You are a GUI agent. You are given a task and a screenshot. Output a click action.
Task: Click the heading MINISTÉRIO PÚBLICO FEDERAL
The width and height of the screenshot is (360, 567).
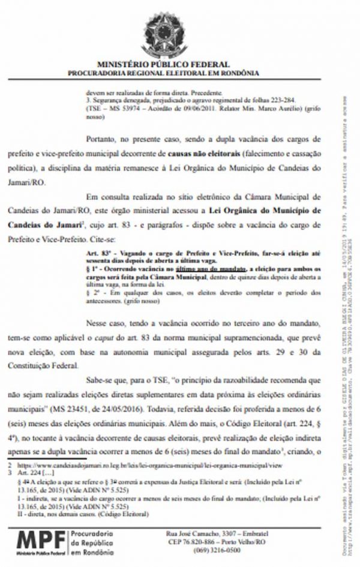pyautogui.click(x=163, y=64)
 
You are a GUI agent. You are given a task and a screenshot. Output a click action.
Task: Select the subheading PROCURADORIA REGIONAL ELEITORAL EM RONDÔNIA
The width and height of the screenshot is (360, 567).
pyautogui.click(x=163, y=73)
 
